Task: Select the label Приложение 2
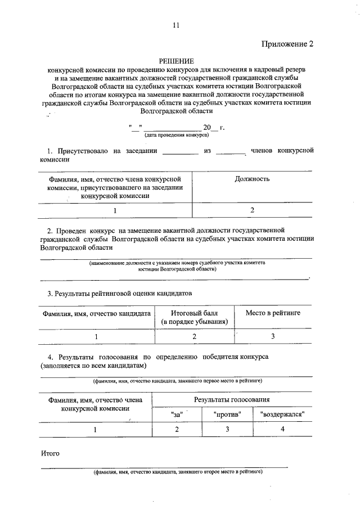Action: [x=286, y=44]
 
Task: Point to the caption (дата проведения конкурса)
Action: [x=177, y=136]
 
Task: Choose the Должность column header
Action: [x=251, y=179]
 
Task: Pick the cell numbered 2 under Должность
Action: [x=252, y=210]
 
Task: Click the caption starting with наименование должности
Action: [x=177, y=266]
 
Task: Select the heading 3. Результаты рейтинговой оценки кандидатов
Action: [x=119, y=294]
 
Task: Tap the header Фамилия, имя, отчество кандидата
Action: [x=96, y=312]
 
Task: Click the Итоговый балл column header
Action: [x=194, y=317]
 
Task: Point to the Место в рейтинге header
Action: [x=273, y=312]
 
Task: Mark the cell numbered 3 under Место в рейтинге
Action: [x=273, y=336]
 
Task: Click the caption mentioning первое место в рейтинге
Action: [x=177, y=381]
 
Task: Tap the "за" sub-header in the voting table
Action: [x=177, y=415]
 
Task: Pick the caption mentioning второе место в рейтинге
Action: [x=178, y=472]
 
